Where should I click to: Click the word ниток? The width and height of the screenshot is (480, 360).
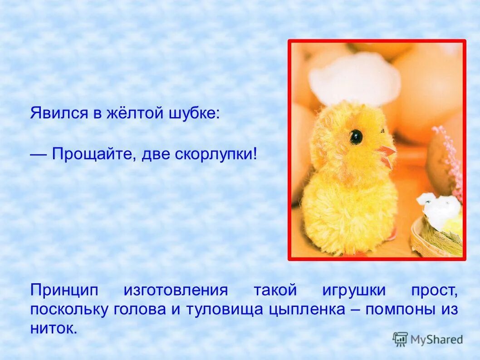click(x=54, y=328)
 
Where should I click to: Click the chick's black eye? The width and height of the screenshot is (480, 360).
click(x=356, y=137)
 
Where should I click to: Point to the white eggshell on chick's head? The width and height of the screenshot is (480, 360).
click(x=354, y=79)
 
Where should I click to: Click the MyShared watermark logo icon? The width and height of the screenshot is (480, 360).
click(x=400, y=339)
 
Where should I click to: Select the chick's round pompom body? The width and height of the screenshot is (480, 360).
click(x=349, y=213)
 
